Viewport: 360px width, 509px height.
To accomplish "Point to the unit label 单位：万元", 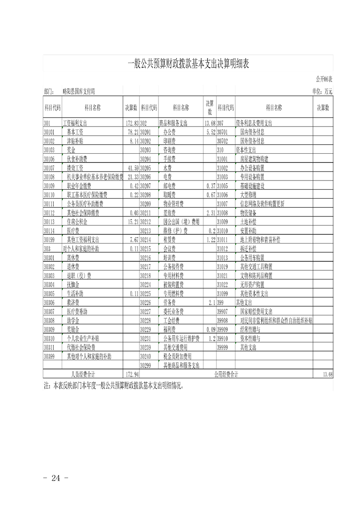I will click(322, 91).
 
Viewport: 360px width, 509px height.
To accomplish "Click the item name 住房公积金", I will click(78, 222).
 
